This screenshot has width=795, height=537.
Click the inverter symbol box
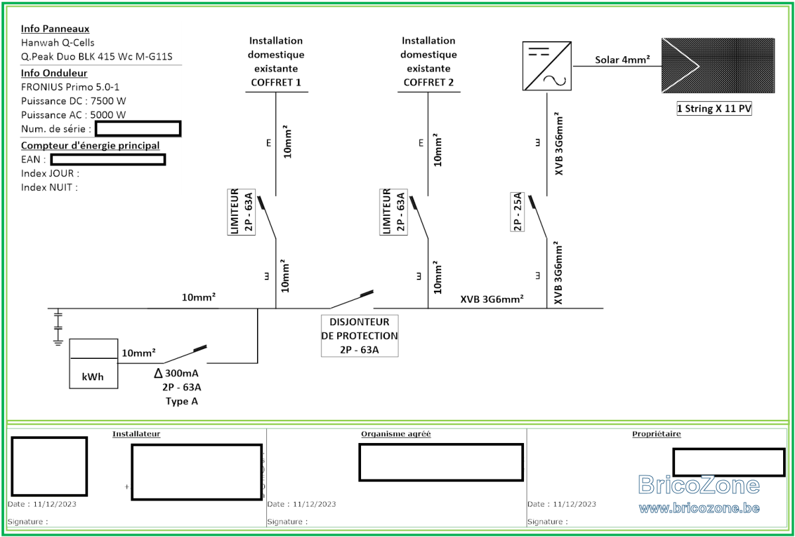547,66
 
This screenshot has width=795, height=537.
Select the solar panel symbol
717,66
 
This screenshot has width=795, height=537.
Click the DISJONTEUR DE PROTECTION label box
359,336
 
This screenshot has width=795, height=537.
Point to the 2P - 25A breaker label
517,212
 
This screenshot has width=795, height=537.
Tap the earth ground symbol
58,327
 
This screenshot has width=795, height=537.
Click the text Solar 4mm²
622,60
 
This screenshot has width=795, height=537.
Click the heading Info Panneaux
55,28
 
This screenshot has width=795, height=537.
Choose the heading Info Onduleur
54,73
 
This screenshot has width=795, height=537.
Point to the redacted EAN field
108,160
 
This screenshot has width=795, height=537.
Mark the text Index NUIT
49,187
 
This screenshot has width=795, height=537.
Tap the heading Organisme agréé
396,434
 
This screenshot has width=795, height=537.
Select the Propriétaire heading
656,434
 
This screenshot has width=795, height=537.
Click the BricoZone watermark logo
699,485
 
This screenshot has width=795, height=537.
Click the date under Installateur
42,504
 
